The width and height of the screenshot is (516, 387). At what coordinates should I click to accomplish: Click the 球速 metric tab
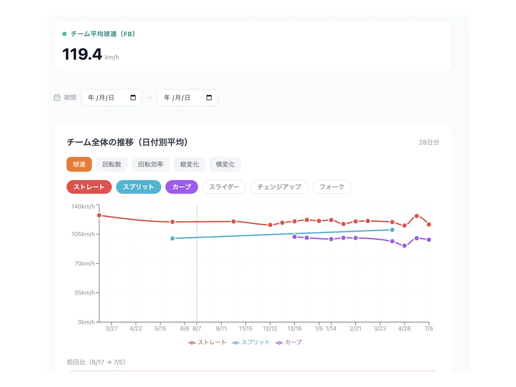click(x=79, y=164)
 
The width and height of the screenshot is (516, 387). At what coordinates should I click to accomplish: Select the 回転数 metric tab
click(x=112, y=164)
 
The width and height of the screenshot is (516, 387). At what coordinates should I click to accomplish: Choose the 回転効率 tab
click(x=150, y=164)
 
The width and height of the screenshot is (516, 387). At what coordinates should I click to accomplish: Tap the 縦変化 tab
click(x=190, y=164)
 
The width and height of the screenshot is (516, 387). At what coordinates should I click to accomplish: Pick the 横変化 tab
click(x=225, y=164)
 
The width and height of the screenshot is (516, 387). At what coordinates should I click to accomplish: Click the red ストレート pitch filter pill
click(x=89, y=187)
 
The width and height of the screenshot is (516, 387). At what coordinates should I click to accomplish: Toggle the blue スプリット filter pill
click(x=138, y=187)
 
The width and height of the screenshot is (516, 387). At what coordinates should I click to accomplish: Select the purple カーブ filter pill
click(x=182, y=187)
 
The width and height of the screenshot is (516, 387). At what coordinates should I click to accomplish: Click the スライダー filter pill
click(x=224, y=187)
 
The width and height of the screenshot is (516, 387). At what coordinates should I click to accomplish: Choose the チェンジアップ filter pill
click(x=279, y=187)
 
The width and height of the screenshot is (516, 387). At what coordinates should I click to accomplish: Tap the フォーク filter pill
click(x=332, y=187)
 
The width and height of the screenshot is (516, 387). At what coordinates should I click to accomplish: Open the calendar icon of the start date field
click(x=133, y=97)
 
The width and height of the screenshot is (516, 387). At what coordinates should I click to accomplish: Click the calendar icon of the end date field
click(x=209, y=97)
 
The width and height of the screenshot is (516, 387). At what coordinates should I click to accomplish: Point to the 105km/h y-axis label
click(x=83, y=234)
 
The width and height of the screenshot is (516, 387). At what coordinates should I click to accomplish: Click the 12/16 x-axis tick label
click(x=294, y=328)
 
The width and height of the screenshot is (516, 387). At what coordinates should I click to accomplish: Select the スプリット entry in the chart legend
click(x=251, y=342)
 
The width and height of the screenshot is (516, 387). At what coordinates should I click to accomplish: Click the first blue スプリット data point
click(x=172, y=239)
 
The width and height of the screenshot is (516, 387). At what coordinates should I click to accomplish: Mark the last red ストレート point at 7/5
click(x=429, y=224)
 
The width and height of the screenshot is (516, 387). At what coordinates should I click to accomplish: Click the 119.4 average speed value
click(x=82, y=54)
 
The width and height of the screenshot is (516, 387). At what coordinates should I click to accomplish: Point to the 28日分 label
click(x=429, y=142)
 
